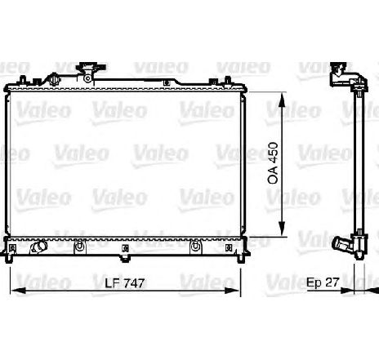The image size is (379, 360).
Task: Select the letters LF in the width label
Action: click(x=111, y=283)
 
